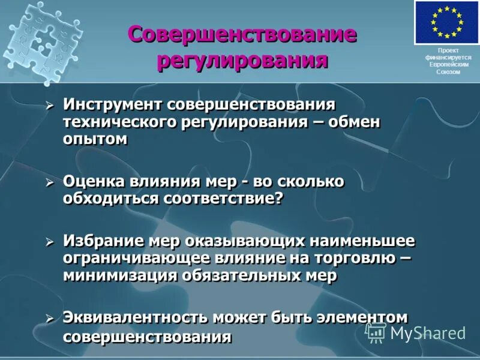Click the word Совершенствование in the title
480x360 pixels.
[x=242, y=34]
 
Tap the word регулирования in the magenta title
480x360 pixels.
[x=242, y=61]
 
